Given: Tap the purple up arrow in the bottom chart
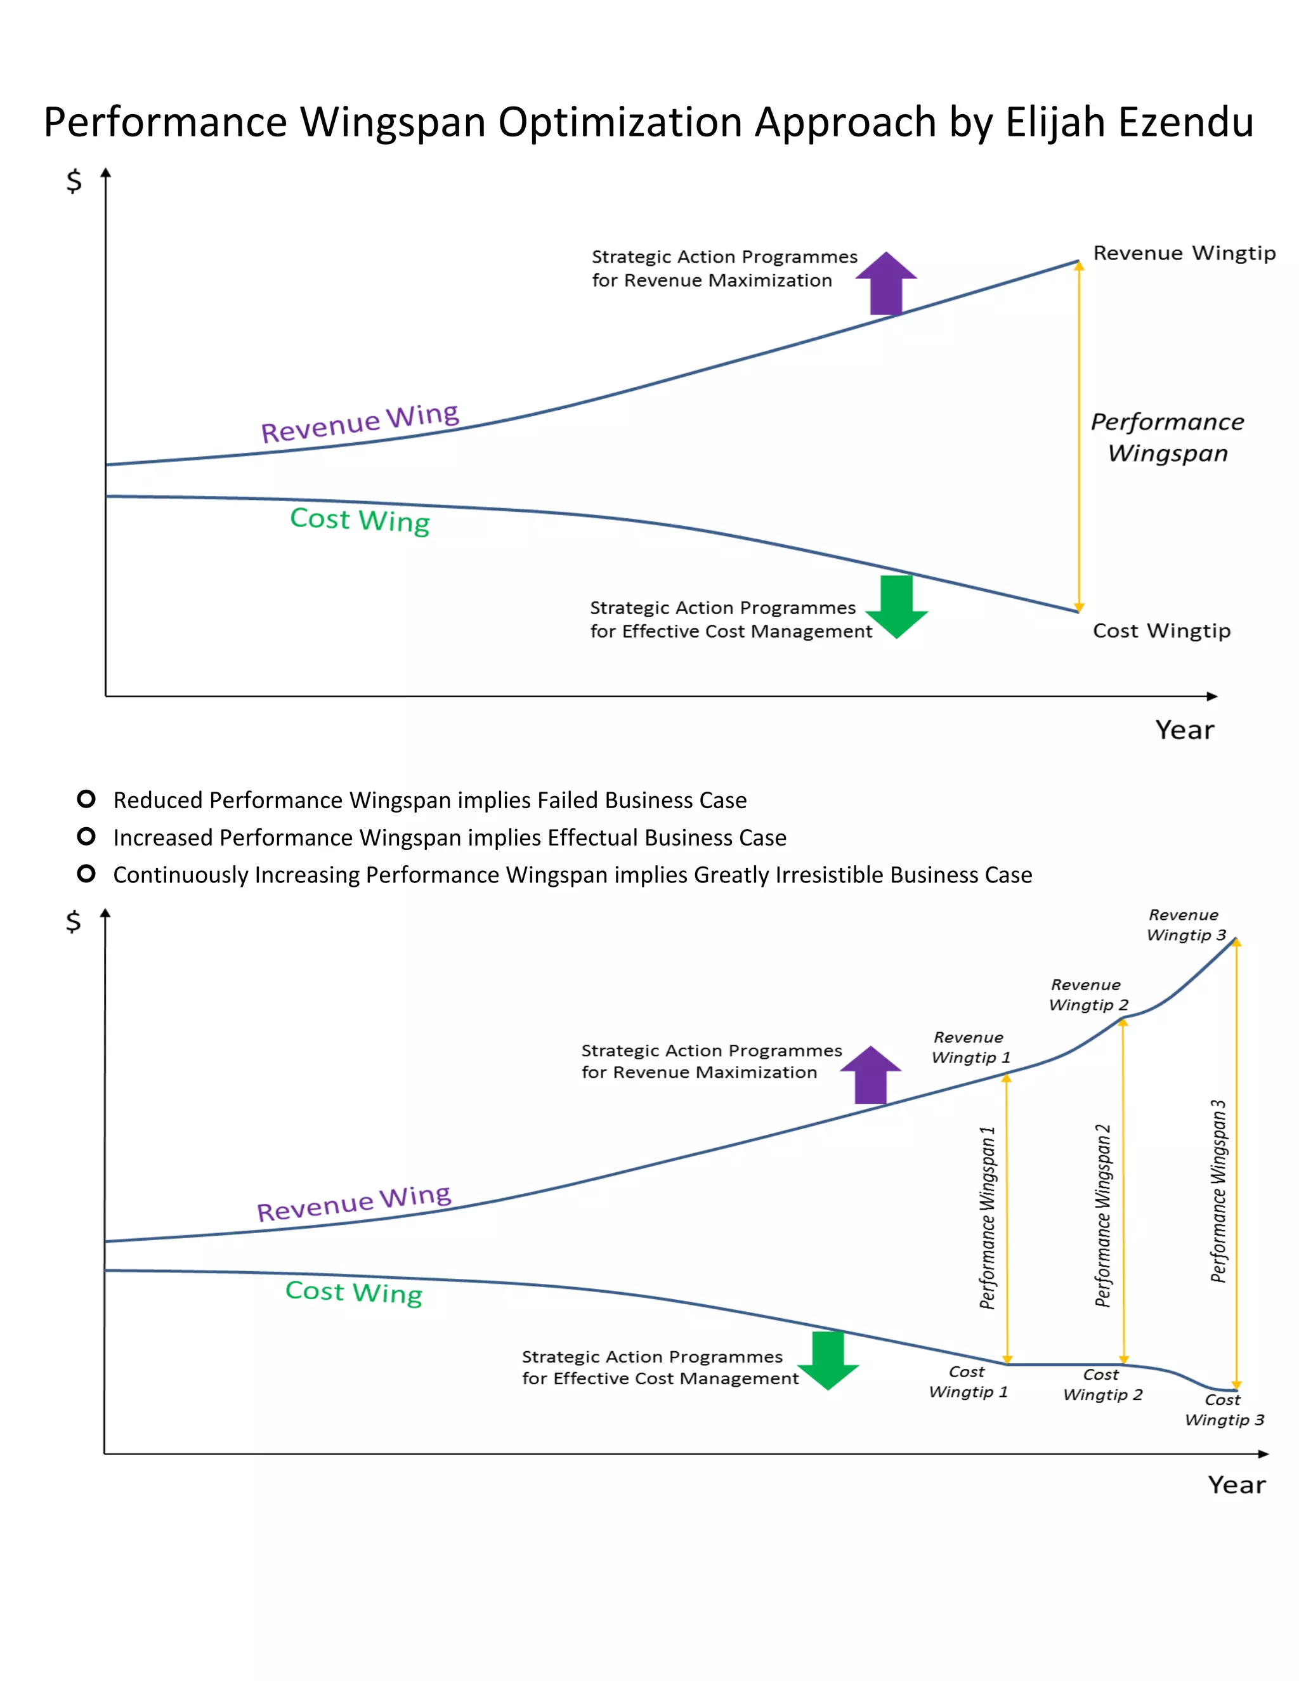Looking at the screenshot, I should click(x=870, y=1075).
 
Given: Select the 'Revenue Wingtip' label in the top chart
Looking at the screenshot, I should click(x=1184, y=253).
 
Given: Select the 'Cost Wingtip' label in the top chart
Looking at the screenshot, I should click(x=1161, y=631).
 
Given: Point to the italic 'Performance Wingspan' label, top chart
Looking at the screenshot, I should click(x=1168, y=437).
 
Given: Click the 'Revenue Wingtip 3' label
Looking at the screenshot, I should click(x=1185, y=925).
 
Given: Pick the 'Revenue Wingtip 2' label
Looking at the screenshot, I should click(x=1087, y=995).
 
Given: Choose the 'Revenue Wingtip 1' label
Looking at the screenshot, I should click(x=970, y=1047).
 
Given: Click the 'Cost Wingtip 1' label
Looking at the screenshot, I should click(x=967, y=1382).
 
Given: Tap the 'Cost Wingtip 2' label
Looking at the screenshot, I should click(x=1102, y=1385).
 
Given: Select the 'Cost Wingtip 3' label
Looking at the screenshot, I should click(x=1224, y=1410).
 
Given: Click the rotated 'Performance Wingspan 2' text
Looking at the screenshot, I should click(x=1103, y=1216).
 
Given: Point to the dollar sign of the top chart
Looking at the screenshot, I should click(x=74, y=181).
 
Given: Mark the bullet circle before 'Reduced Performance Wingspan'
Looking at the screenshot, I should click(x=86, y=799).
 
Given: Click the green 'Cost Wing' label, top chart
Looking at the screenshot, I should click(x=360, y=520).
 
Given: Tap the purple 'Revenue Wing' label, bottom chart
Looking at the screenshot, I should click(x=354, y=1202).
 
